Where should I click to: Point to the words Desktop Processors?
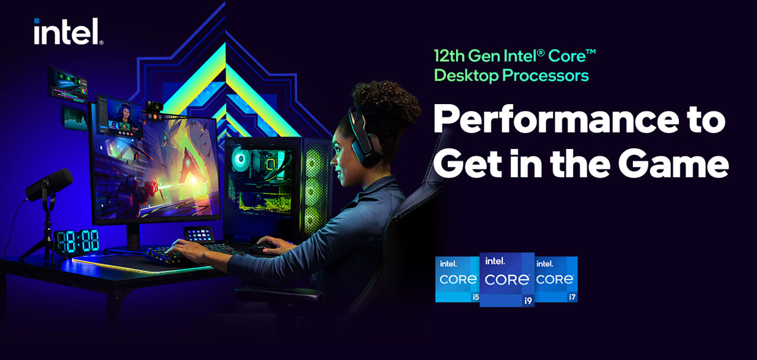511,76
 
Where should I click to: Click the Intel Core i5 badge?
457,280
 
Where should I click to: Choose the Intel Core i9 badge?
506,280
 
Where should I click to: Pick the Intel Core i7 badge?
556,280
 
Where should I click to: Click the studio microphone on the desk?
50,184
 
